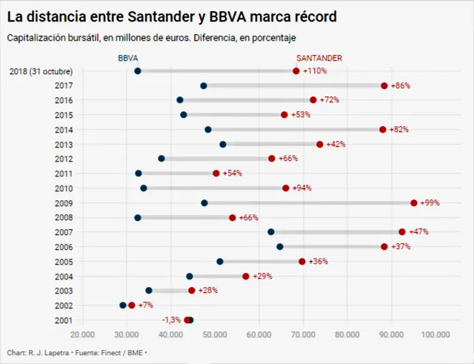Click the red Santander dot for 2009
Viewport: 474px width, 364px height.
(414, 202)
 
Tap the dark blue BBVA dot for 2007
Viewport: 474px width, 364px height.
(271, 232)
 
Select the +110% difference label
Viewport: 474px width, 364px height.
(315, 71)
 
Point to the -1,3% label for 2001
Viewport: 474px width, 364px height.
(171, 320)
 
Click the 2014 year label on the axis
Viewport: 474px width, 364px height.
(63, 130)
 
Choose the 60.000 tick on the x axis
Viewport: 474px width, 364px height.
(258, 334)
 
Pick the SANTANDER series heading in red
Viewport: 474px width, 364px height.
(319, 58)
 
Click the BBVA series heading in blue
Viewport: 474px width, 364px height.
(128, 58)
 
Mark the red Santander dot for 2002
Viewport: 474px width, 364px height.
(132, 305)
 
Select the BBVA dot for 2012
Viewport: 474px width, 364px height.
(161, 159)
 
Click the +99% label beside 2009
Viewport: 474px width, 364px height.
(431, 203)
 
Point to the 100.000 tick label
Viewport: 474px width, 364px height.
(435, 334)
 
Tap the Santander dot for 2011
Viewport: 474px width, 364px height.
(216, 173)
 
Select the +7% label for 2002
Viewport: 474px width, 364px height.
(145, 305)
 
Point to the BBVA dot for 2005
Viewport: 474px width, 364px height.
(220, 261)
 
